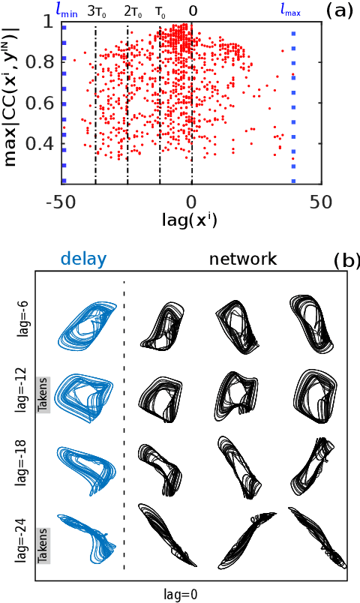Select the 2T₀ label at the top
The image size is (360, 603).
(132, 11)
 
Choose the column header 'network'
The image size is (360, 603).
(243, 259)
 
